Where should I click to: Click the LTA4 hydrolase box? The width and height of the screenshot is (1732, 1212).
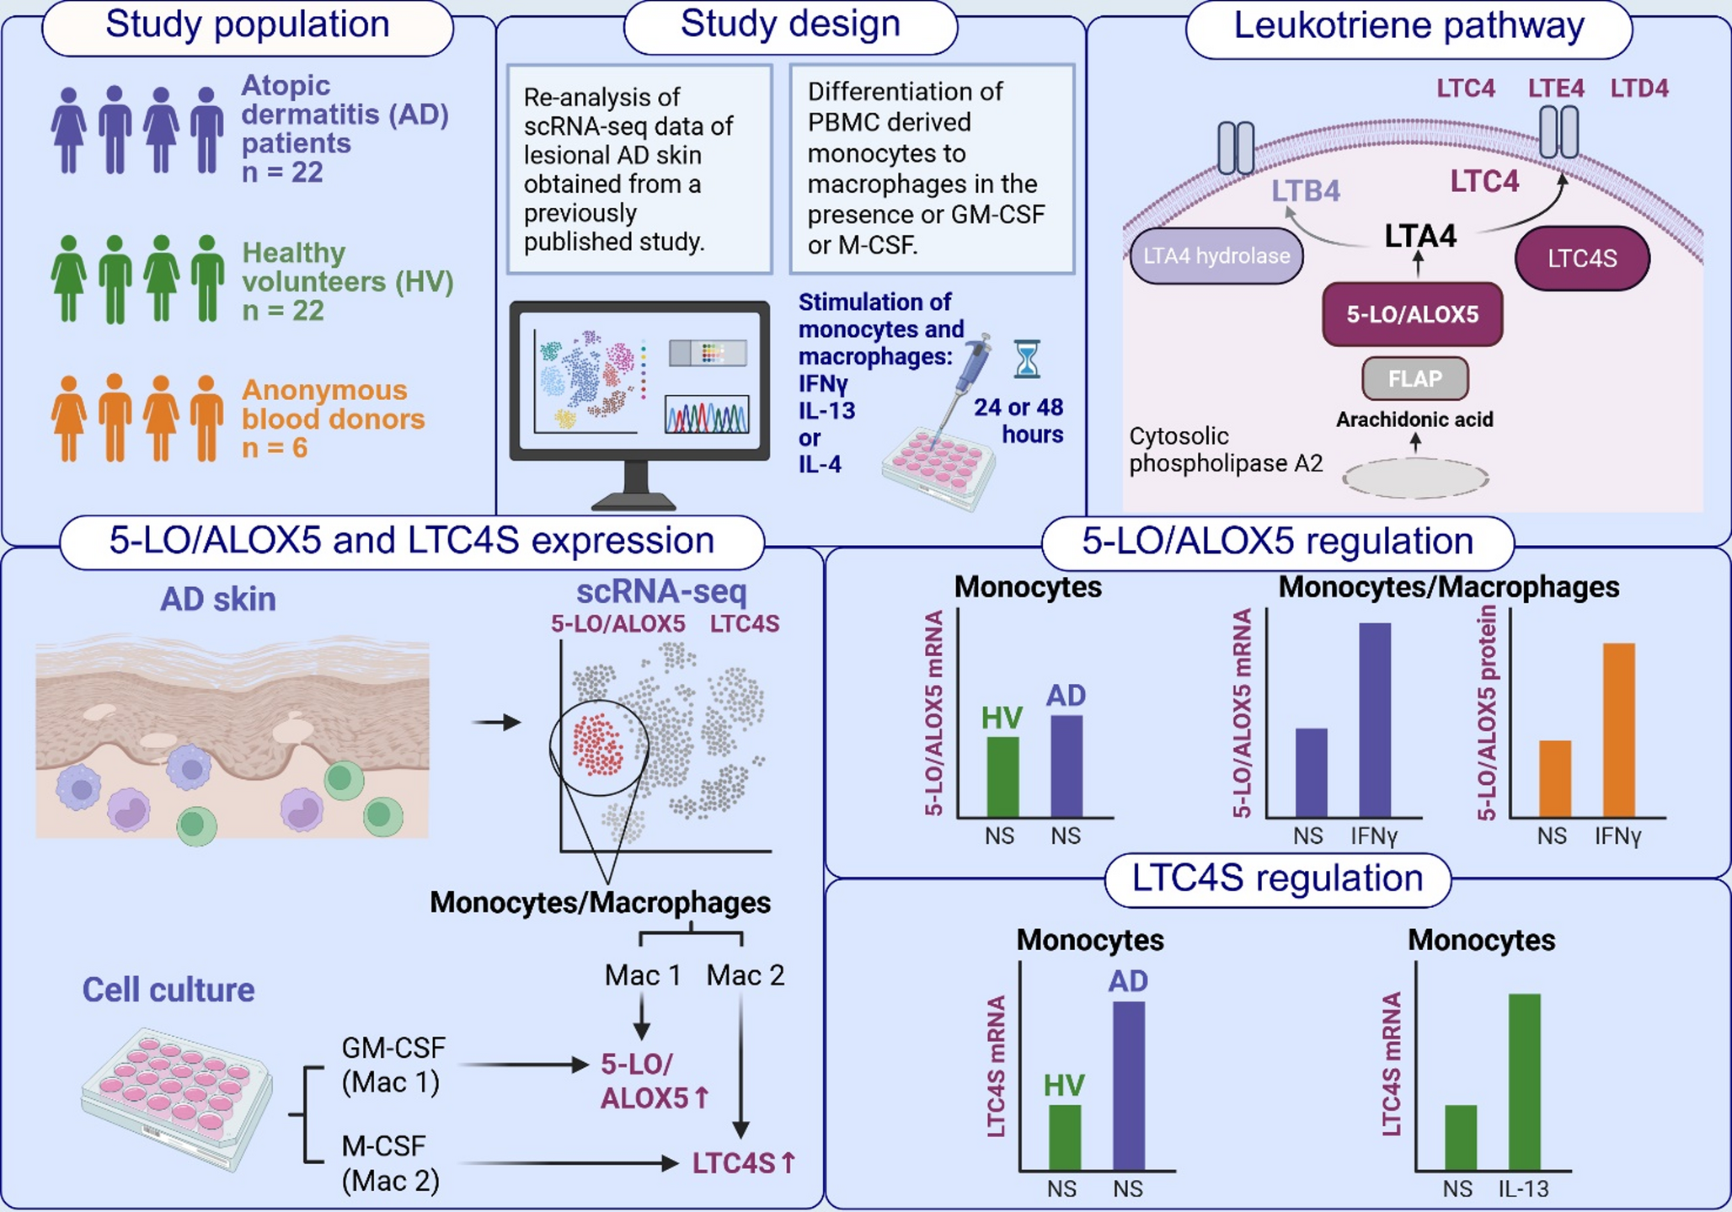1216,256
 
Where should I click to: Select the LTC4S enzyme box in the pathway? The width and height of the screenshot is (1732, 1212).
1581,259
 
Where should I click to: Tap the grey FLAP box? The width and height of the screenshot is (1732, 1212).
1414,379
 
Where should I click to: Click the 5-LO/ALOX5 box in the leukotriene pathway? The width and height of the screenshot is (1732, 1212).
1412,315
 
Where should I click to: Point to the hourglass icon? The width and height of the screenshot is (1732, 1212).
1027,359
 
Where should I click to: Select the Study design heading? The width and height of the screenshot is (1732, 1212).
789,24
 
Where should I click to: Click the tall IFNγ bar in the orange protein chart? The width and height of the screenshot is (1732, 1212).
1618,729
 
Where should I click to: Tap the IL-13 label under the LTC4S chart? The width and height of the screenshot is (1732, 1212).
1523,1188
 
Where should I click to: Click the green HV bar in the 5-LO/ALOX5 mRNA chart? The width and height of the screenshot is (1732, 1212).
1002,776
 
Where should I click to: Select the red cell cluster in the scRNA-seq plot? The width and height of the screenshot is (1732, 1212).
597,745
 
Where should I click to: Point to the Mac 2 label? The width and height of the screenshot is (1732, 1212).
745,975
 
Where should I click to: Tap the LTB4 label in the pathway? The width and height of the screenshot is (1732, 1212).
1305,191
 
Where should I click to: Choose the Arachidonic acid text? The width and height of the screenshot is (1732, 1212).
1414,419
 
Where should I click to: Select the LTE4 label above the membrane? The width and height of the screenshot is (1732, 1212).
1555,88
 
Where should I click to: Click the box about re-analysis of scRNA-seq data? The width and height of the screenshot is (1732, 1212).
639,169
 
